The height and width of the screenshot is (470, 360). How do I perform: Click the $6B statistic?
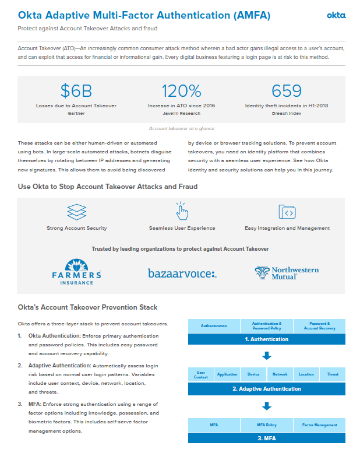[76, 90]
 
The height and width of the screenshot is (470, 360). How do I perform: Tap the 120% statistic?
[181, 90]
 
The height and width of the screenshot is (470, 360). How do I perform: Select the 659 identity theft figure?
[287, 90]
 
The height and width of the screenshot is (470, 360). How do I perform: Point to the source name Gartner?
[76, 113]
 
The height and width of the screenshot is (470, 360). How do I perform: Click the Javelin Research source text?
[181, 113]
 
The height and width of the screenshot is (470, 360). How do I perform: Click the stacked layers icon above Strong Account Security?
[76, 211]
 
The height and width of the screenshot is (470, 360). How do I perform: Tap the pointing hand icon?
[182, 211]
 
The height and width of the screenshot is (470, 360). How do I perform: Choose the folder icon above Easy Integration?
[287, 211]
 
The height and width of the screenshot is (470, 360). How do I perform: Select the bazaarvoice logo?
[182, 273]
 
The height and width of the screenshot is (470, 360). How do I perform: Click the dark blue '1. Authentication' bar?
[267, 339]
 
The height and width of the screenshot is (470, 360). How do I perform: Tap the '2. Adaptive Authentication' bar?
[267, 389]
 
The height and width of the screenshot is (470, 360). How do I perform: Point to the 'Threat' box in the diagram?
[333, 374]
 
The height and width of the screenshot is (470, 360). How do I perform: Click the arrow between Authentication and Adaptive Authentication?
[267, 356]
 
